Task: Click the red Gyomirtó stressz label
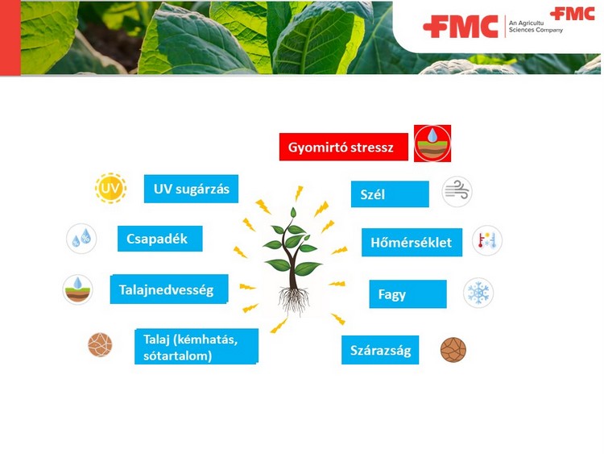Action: (344, 147)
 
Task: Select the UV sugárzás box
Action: (191, 189)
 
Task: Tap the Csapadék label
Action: (160, 239)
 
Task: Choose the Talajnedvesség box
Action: (169, 289)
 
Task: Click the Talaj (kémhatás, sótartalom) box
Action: (197, 347)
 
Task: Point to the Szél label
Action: (390, 194)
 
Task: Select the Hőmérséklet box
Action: (412, 242)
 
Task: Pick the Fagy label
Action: (408, 294)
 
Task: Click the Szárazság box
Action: (380, 350)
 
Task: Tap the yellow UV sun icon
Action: (110, 188)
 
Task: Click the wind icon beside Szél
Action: (457, 192)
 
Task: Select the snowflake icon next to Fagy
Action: (478, 293)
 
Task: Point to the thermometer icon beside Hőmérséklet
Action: (487, 240)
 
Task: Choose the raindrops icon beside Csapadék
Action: (81, 239)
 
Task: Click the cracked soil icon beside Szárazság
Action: (453, 350)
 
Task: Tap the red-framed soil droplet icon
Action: (432, 144)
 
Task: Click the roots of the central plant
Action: (293, 299)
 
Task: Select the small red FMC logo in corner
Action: (573, 14)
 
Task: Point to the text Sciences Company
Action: (536, 30)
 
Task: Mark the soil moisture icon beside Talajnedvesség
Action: (78, 289)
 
